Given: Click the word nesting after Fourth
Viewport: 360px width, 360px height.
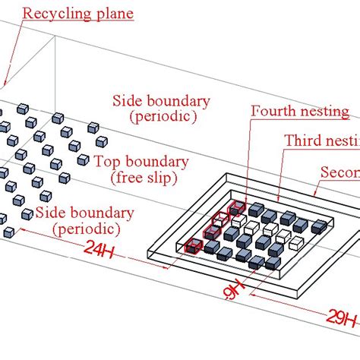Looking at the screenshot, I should click(x=324, y=112).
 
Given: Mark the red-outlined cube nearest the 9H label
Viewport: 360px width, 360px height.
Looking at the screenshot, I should click(x=193, y=245).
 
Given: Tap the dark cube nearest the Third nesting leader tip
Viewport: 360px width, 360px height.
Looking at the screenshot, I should click(x=257, y=210).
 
